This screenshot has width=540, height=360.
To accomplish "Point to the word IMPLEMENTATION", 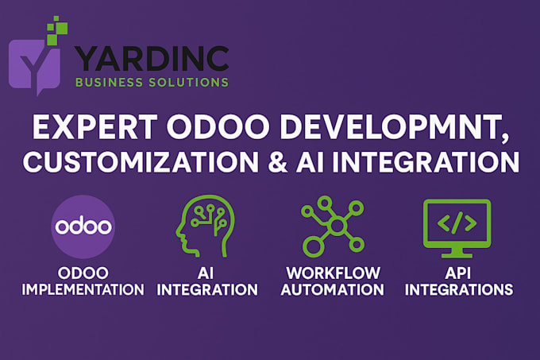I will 83,289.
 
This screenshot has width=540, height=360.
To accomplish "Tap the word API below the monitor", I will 457,272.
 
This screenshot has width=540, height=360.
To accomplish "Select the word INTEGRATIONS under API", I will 457,289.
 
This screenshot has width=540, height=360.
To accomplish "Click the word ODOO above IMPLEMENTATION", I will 83,272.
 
